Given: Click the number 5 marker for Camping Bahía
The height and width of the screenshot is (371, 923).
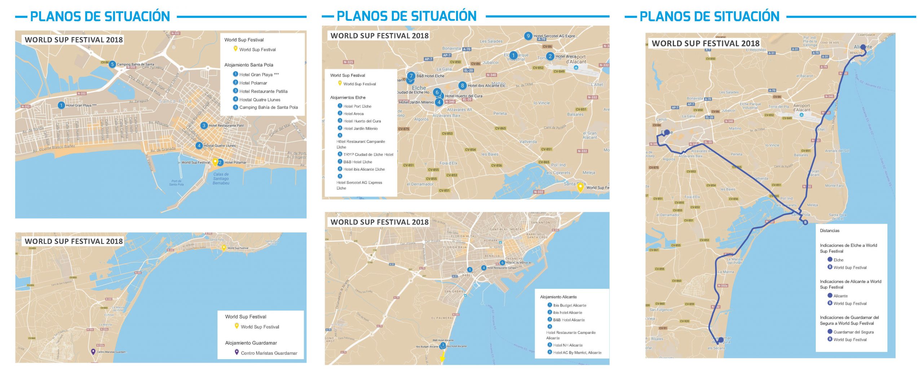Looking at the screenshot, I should [112, 64].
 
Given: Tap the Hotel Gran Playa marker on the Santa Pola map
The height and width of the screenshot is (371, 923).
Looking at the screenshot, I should [61, 105].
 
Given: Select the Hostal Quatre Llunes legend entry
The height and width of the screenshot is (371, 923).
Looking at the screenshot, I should [260, 100].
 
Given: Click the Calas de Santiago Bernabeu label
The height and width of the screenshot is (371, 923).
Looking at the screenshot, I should [221, 179].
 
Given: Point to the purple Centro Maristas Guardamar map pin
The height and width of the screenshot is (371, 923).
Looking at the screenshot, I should [93, 352].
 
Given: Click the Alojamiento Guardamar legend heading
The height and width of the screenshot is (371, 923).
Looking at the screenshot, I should [251, 343].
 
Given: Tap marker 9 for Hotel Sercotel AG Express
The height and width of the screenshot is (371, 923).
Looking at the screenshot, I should [528, 36].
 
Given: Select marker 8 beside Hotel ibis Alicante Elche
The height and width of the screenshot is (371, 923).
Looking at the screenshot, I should [462, 85].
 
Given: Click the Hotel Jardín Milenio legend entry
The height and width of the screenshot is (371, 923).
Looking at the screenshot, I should [360, 129].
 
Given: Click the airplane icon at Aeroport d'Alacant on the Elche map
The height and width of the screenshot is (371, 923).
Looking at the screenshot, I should [576, 67].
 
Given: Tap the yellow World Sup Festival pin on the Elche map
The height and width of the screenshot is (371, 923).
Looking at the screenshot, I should [580, 187].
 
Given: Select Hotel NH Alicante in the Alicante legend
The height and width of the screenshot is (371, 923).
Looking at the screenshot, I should [568, 345].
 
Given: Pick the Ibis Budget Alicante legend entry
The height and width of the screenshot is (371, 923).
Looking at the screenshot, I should [569, 305].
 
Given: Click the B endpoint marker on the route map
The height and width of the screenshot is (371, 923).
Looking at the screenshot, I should [805, 222].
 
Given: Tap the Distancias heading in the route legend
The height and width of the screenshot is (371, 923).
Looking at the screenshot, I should [829, 231].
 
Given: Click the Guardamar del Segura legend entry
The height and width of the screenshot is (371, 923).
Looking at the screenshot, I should [853, 332].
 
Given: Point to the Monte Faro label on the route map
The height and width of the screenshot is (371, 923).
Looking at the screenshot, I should [834, 186].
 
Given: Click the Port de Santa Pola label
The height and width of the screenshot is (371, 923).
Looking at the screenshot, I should [176, 183].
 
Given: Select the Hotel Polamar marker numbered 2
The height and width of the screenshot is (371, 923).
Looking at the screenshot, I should [220, 162].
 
